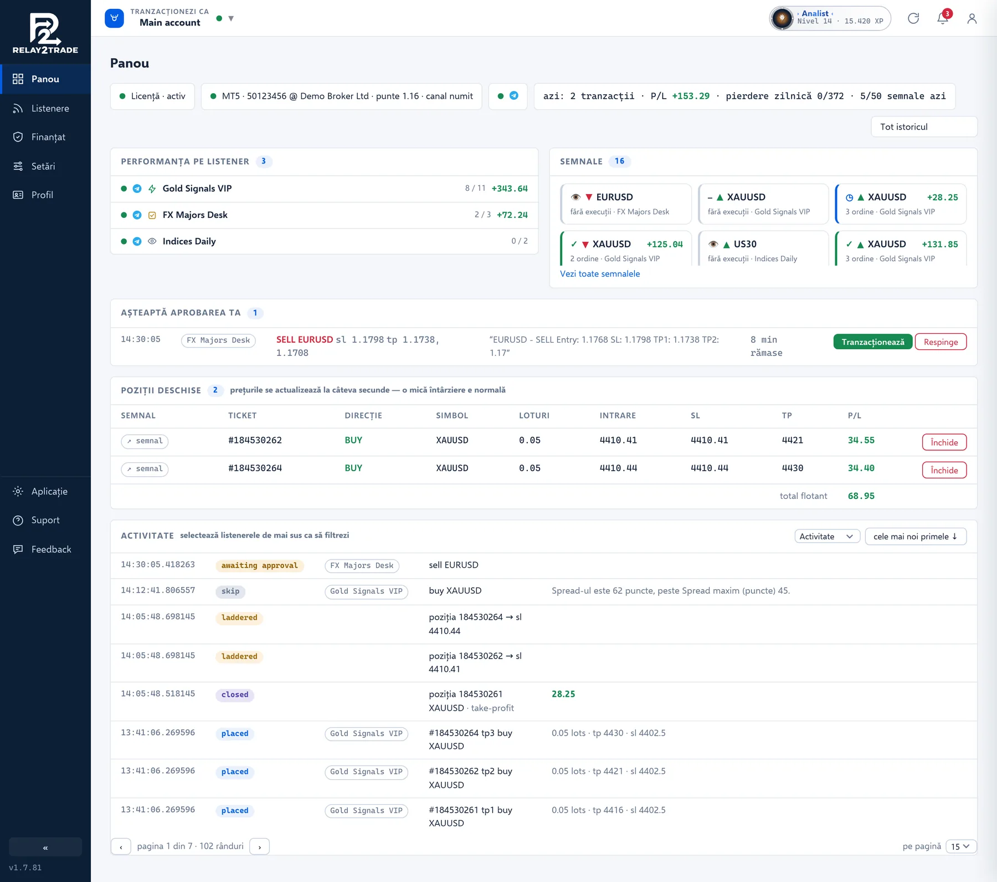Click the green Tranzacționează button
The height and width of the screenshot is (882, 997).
872,342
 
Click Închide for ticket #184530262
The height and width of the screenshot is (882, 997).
944,442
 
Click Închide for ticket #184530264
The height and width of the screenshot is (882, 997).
944,470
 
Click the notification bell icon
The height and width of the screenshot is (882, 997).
943,18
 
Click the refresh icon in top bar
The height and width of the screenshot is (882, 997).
913,18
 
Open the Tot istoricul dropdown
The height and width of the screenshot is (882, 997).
924,126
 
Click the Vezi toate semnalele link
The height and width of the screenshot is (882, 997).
600,274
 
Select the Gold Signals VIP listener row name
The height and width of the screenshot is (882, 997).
197,188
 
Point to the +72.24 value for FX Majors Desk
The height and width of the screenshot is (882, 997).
512,215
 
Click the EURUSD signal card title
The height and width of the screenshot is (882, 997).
614,197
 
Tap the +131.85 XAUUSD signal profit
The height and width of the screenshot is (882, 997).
940,244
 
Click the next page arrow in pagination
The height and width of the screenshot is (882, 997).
259,847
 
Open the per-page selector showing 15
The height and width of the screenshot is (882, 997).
960,847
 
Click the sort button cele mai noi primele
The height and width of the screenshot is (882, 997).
916,537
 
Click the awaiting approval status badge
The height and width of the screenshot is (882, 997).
259,565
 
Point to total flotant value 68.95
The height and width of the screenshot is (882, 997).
861,496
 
